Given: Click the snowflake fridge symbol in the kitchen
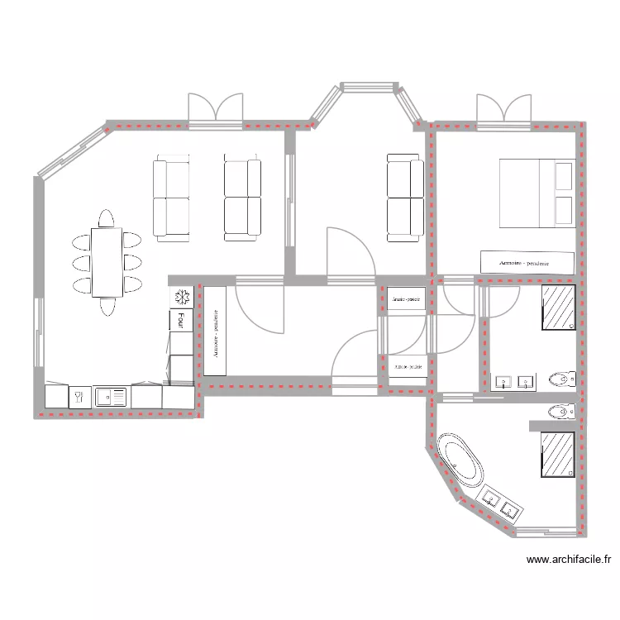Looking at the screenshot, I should [x=181, y=297].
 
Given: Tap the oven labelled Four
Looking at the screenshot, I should [x=181, y=319].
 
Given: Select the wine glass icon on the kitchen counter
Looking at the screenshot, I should [x=79, y=398].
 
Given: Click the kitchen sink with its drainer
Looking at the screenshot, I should [x=112, y=398].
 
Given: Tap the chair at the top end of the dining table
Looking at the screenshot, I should [x=107, y=219].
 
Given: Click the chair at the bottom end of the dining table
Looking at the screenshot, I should [x=107, y=307].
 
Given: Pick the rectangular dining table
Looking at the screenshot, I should [x=107, y=263].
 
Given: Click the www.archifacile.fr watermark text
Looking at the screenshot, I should [x=570, y=560].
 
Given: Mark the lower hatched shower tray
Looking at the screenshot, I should [x=559, y=455].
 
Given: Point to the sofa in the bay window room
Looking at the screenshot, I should [x=405, y=199].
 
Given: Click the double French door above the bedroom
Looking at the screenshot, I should [x=503, y=112].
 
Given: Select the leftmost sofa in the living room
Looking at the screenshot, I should [x=172, y=199].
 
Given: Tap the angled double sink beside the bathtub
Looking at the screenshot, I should [x=500, y=503].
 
